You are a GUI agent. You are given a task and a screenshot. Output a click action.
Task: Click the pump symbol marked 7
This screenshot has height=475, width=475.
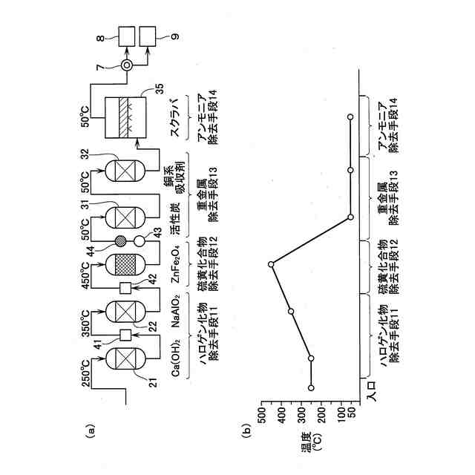(x=127, y=65)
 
